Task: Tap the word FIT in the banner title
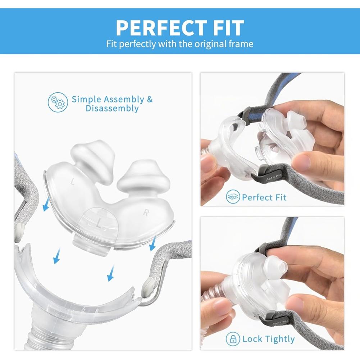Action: tap(223, 28)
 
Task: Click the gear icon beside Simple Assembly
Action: tap(58, 102)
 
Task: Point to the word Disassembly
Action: tap(112, 109)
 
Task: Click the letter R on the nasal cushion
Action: tap(146, 213)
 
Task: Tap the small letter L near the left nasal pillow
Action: tap(73, 183)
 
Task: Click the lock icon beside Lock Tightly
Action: tap(233, 339)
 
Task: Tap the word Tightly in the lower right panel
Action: tap(278, 339)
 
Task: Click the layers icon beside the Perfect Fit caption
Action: tap(233, 197)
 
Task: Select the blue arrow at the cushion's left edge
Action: tap(46, 205)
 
